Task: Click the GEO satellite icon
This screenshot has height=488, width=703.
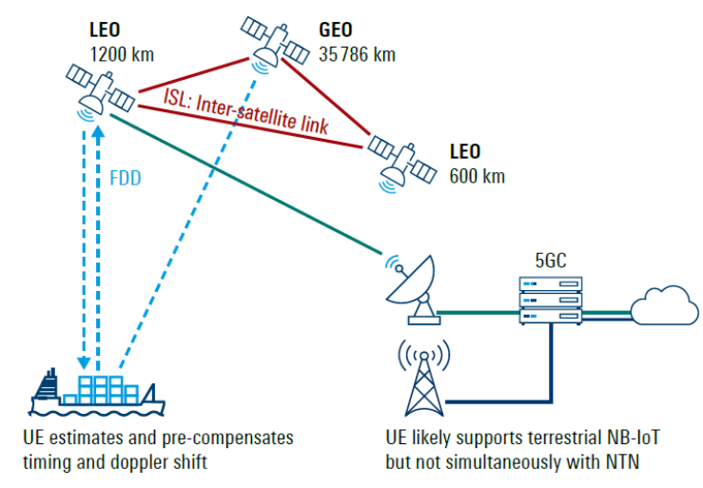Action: point(268,41)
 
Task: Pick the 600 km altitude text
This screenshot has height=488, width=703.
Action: point(477,176)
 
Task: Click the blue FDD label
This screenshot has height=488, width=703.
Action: point(124,177)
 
